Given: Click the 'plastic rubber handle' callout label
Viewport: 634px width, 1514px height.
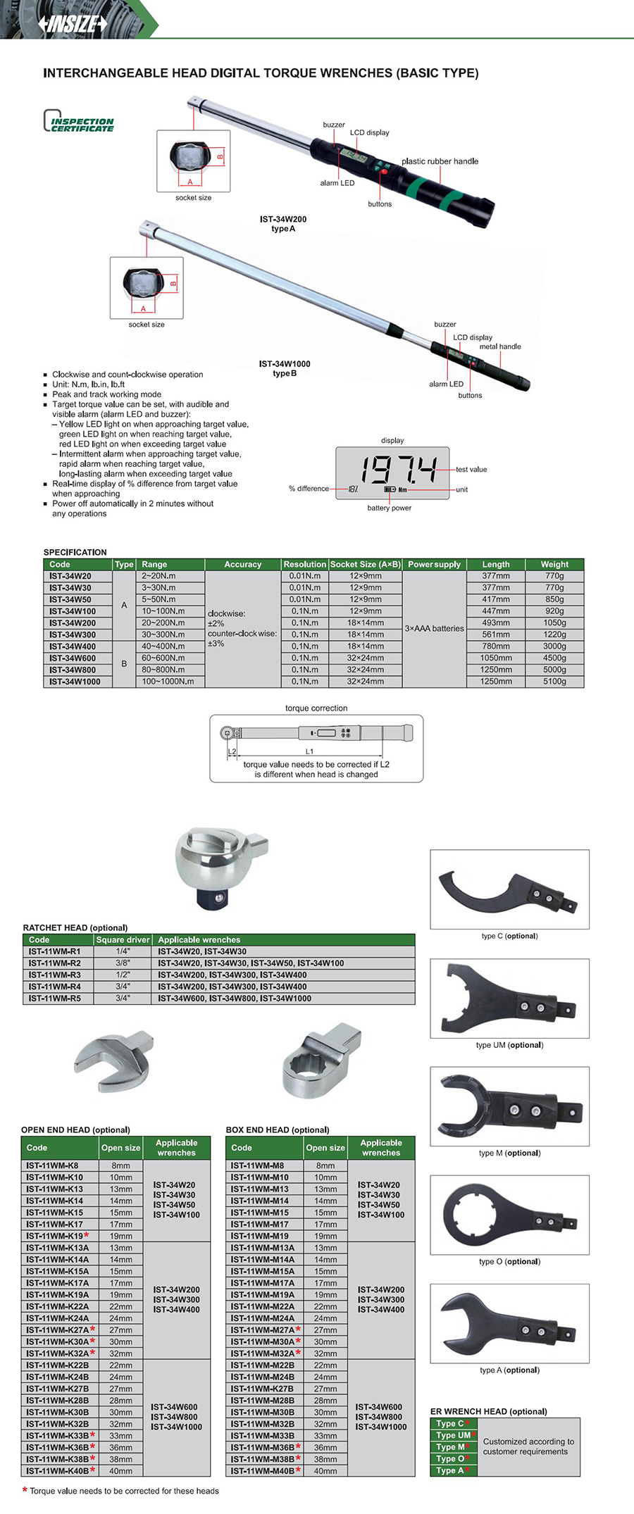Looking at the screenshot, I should pos(440,161).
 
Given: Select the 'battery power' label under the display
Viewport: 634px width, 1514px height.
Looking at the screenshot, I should pos(389,508).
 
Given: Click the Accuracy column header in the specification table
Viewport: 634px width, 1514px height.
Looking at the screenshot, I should pos(242,564).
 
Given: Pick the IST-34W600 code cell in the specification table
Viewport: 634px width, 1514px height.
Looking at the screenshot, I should pos(73,658).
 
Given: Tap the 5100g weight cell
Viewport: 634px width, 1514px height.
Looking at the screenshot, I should pos(554,682).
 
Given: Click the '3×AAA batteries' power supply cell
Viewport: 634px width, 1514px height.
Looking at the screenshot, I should pos(434,628).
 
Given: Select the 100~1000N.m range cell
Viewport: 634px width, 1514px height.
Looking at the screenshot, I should pos(168,682).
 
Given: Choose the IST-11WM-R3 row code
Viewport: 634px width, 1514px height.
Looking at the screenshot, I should pos(55,975).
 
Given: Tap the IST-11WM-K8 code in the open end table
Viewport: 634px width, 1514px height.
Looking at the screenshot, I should pos(52,1165).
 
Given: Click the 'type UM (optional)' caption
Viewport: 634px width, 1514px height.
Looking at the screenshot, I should pos(509,1045).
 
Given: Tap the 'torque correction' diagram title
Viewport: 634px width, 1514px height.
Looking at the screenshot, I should pos(316,708).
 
